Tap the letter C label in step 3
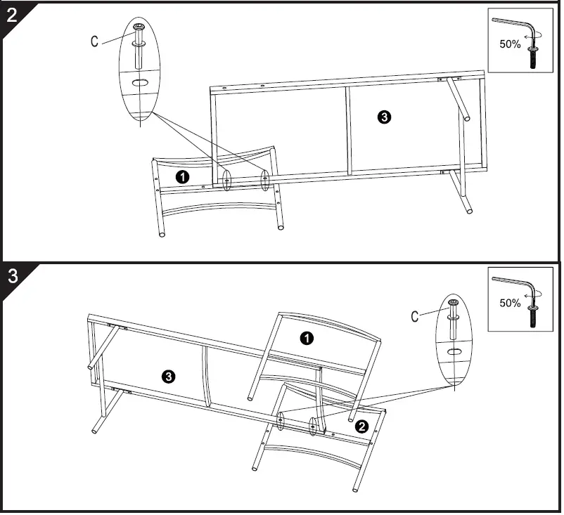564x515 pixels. [416, 317]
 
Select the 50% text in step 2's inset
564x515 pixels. [509, 44]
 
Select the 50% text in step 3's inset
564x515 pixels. [509, 304]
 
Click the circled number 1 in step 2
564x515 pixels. [182, 177]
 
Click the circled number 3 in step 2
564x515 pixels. [384, 117]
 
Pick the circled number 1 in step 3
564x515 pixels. [307, 339]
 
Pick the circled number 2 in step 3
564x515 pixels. [361, 426]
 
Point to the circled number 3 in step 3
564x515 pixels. [169, 377]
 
